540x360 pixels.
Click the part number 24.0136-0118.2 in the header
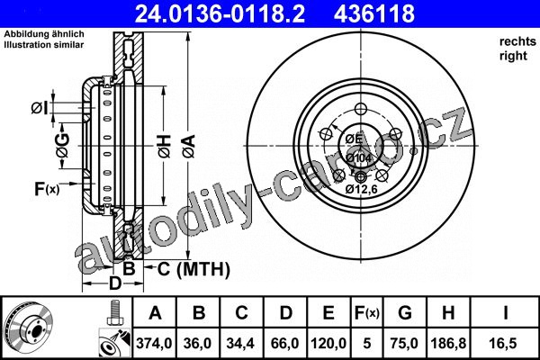(x=220, y=13)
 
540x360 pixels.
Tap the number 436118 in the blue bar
(x=374, y=13)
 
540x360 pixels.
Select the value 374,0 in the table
(x=154, y=344)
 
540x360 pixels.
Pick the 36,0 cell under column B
(x=198, y=344)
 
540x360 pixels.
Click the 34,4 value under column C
(x=240, y=344)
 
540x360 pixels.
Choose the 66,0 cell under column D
(x=284, y=344)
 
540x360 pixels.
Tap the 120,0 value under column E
(x=328, y=344)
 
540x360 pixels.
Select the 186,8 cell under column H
(x=448, y=344)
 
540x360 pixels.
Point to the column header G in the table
(x=405, y=313)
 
